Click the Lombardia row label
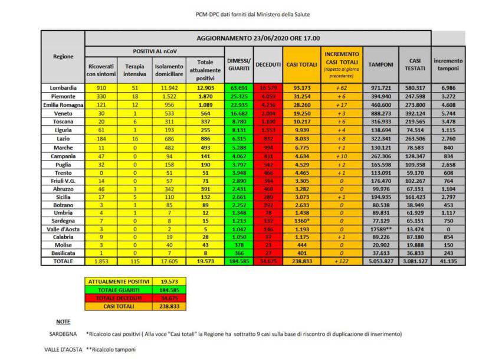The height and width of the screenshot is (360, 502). point(63,87)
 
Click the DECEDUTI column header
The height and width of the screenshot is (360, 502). point(268,64)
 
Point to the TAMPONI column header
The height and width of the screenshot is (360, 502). point(381,63)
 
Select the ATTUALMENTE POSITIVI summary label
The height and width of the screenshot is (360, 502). point(119,283)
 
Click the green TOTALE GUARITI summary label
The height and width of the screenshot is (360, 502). point(119,291)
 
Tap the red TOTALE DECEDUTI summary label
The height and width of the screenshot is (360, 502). point(119,299)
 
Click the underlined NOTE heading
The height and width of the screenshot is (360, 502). point(63,322)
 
